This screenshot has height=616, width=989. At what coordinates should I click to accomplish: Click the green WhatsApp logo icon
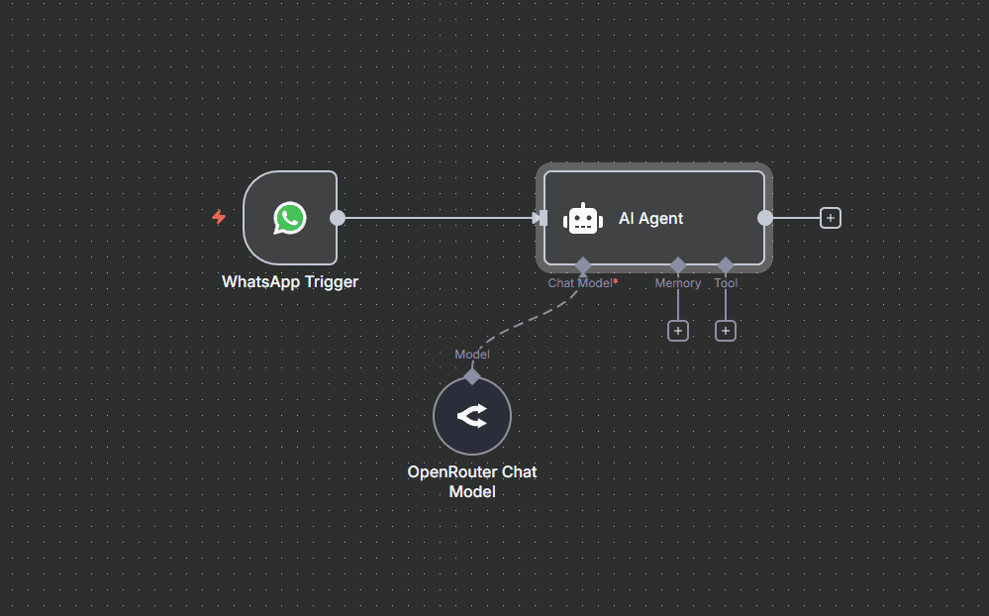click(x=289, y=218)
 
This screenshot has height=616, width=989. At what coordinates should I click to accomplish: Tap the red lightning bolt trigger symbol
click(x=219, y=217)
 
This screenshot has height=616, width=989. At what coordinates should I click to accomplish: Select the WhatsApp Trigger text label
click(x=290, y=281)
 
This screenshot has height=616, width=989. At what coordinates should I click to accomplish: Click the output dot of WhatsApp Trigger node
click(x=338, y=218)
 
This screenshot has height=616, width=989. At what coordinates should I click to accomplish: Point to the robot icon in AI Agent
click(x=583, y=219)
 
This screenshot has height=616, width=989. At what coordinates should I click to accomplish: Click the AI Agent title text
click(x=651, y=219)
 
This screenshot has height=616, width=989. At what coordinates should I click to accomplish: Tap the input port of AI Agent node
click(x=542, y=219)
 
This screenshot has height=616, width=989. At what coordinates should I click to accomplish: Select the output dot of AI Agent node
click(x=765, y=218)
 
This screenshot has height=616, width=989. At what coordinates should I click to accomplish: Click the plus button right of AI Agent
click(x=830, y=218)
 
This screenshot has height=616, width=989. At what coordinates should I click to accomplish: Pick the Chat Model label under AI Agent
click(x=580, y=283)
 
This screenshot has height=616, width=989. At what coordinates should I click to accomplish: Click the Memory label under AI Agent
click(x=678, y=283)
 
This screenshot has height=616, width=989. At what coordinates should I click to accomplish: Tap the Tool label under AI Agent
click(x=726, y=283)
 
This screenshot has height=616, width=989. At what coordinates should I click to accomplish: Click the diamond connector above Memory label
click(x=678, y=265)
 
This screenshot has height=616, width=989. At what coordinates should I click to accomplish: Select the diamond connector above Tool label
click(x=726, y=265)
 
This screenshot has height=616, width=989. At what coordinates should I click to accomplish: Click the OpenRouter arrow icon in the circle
click(x=472, y=416)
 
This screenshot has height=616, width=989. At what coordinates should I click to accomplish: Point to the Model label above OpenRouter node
click(x=472, y=355)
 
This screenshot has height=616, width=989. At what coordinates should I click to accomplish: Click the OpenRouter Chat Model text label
click(x=472, y=481)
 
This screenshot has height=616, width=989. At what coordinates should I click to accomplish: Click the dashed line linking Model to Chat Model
click(x=526, y=321)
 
